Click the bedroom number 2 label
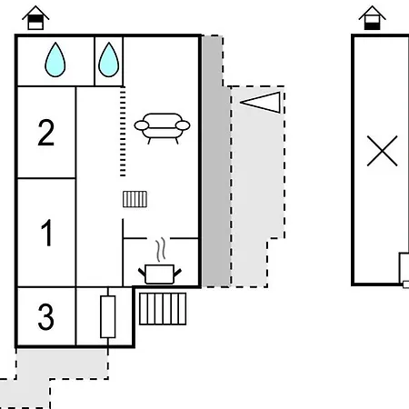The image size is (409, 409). click(x=46, y=133)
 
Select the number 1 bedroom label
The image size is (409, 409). click(x=47, y=233)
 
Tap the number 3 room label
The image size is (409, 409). click(x=46, y=316)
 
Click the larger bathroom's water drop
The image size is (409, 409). click(x=55, y=60)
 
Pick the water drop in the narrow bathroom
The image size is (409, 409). click(x=109, y=60)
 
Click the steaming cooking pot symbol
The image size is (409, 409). click(x=160, y=274)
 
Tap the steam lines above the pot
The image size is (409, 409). click(x=161, y=249)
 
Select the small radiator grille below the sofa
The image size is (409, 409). click(x=135, y=199)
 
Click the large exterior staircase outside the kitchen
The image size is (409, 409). click(x=163, y=309)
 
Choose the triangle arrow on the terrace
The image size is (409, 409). click(x=260, y=103)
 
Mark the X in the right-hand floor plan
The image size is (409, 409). click(x=382, y=151)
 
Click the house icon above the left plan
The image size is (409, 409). click(x=35, y=18)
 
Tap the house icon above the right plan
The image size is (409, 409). click(x=372, y=18)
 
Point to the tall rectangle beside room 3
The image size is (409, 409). click(x=108, y=316)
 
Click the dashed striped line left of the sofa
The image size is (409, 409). click(x=123, y=131)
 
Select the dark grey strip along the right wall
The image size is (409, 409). click(x=215, y=161)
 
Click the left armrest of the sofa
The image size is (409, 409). click(x=142, y=125)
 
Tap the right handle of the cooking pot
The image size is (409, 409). click(x=177, y=273)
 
